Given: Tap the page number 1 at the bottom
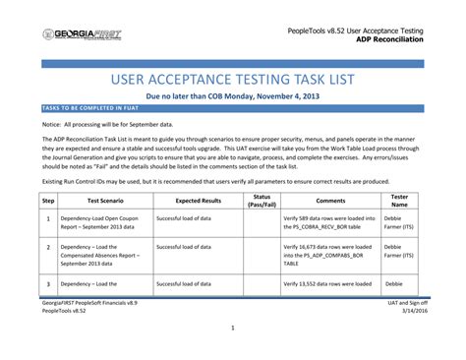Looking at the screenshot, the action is [233, 329].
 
